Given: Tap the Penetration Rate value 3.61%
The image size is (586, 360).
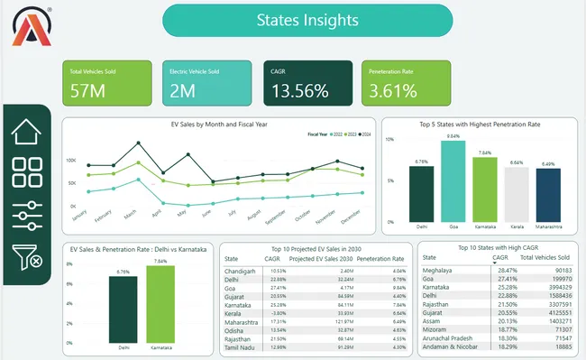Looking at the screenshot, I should [x=393, y=90].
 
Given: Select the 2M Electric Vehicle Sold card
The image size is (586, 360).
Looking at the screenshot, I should [x=207, y=82].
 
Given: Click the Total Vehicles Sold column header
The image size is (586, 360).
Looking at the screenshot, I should [x=545, y=257].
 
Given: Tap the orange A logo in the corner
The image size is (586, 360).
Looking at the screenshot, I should [x=32, y=27].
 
